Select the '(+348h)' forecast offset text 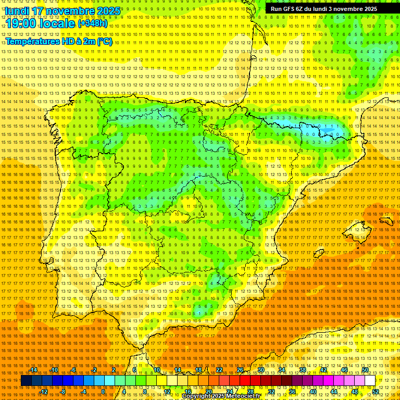click(x=93, y=23)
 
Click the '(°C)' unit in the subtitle click(x=104, y=41)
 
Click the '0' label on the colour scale click(x=103, y=392)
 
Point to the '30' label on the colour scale click(x=261, y=370)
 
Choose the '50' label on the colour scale click(x=365, y=370)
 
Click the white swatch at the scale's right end click(x=370, y=381)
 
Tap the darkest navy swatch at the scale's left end click(x=26, y=381)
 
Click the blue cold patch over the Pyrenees click(x=327, y=130)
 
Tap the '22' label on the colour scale click(x=219, y=370)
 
